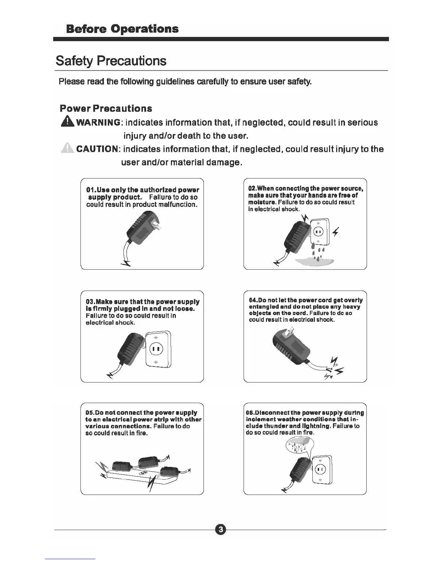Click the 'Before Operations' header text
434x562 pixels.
[x=122, y=28]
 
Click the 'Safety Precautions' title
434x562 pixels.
[x=111, y=61]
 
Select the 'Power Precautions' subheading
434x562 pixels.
[x=106, y=109]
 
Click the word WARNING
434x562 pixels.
[x=98, y=123]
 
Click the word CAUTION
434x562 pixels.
[x=97, y=149]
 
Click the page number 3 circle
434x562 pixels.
[x=220, y=530]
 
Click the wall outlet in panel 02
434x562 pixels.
[x=320, y=232]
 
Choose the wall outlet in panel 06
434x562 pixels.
[x=322, y=469]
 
